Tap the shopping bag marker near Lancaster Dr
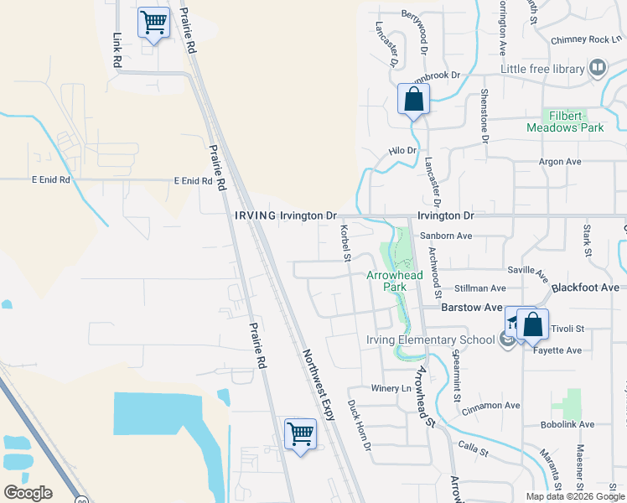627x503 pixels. click(x=413, y=99)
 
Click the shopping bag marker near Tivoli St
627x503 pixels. click(x=532, y=324)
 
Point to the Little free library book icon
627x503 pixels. click(x=598, y=68)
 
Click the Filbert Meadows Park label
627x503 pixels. click(x=565, y=122)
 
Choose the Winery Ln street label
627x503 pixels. click(x=391, y=389)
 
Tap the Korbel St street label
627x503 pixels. click(x=345, y=242)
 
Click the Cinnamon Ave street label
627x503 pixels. click(x=491, y=406)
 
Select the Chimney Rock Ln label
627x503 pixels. click(x=585, y=39)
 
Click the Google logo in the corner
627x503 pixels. click(x=28, y=493)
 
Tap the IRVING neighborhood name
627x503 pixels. click(x=255, y=215)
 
